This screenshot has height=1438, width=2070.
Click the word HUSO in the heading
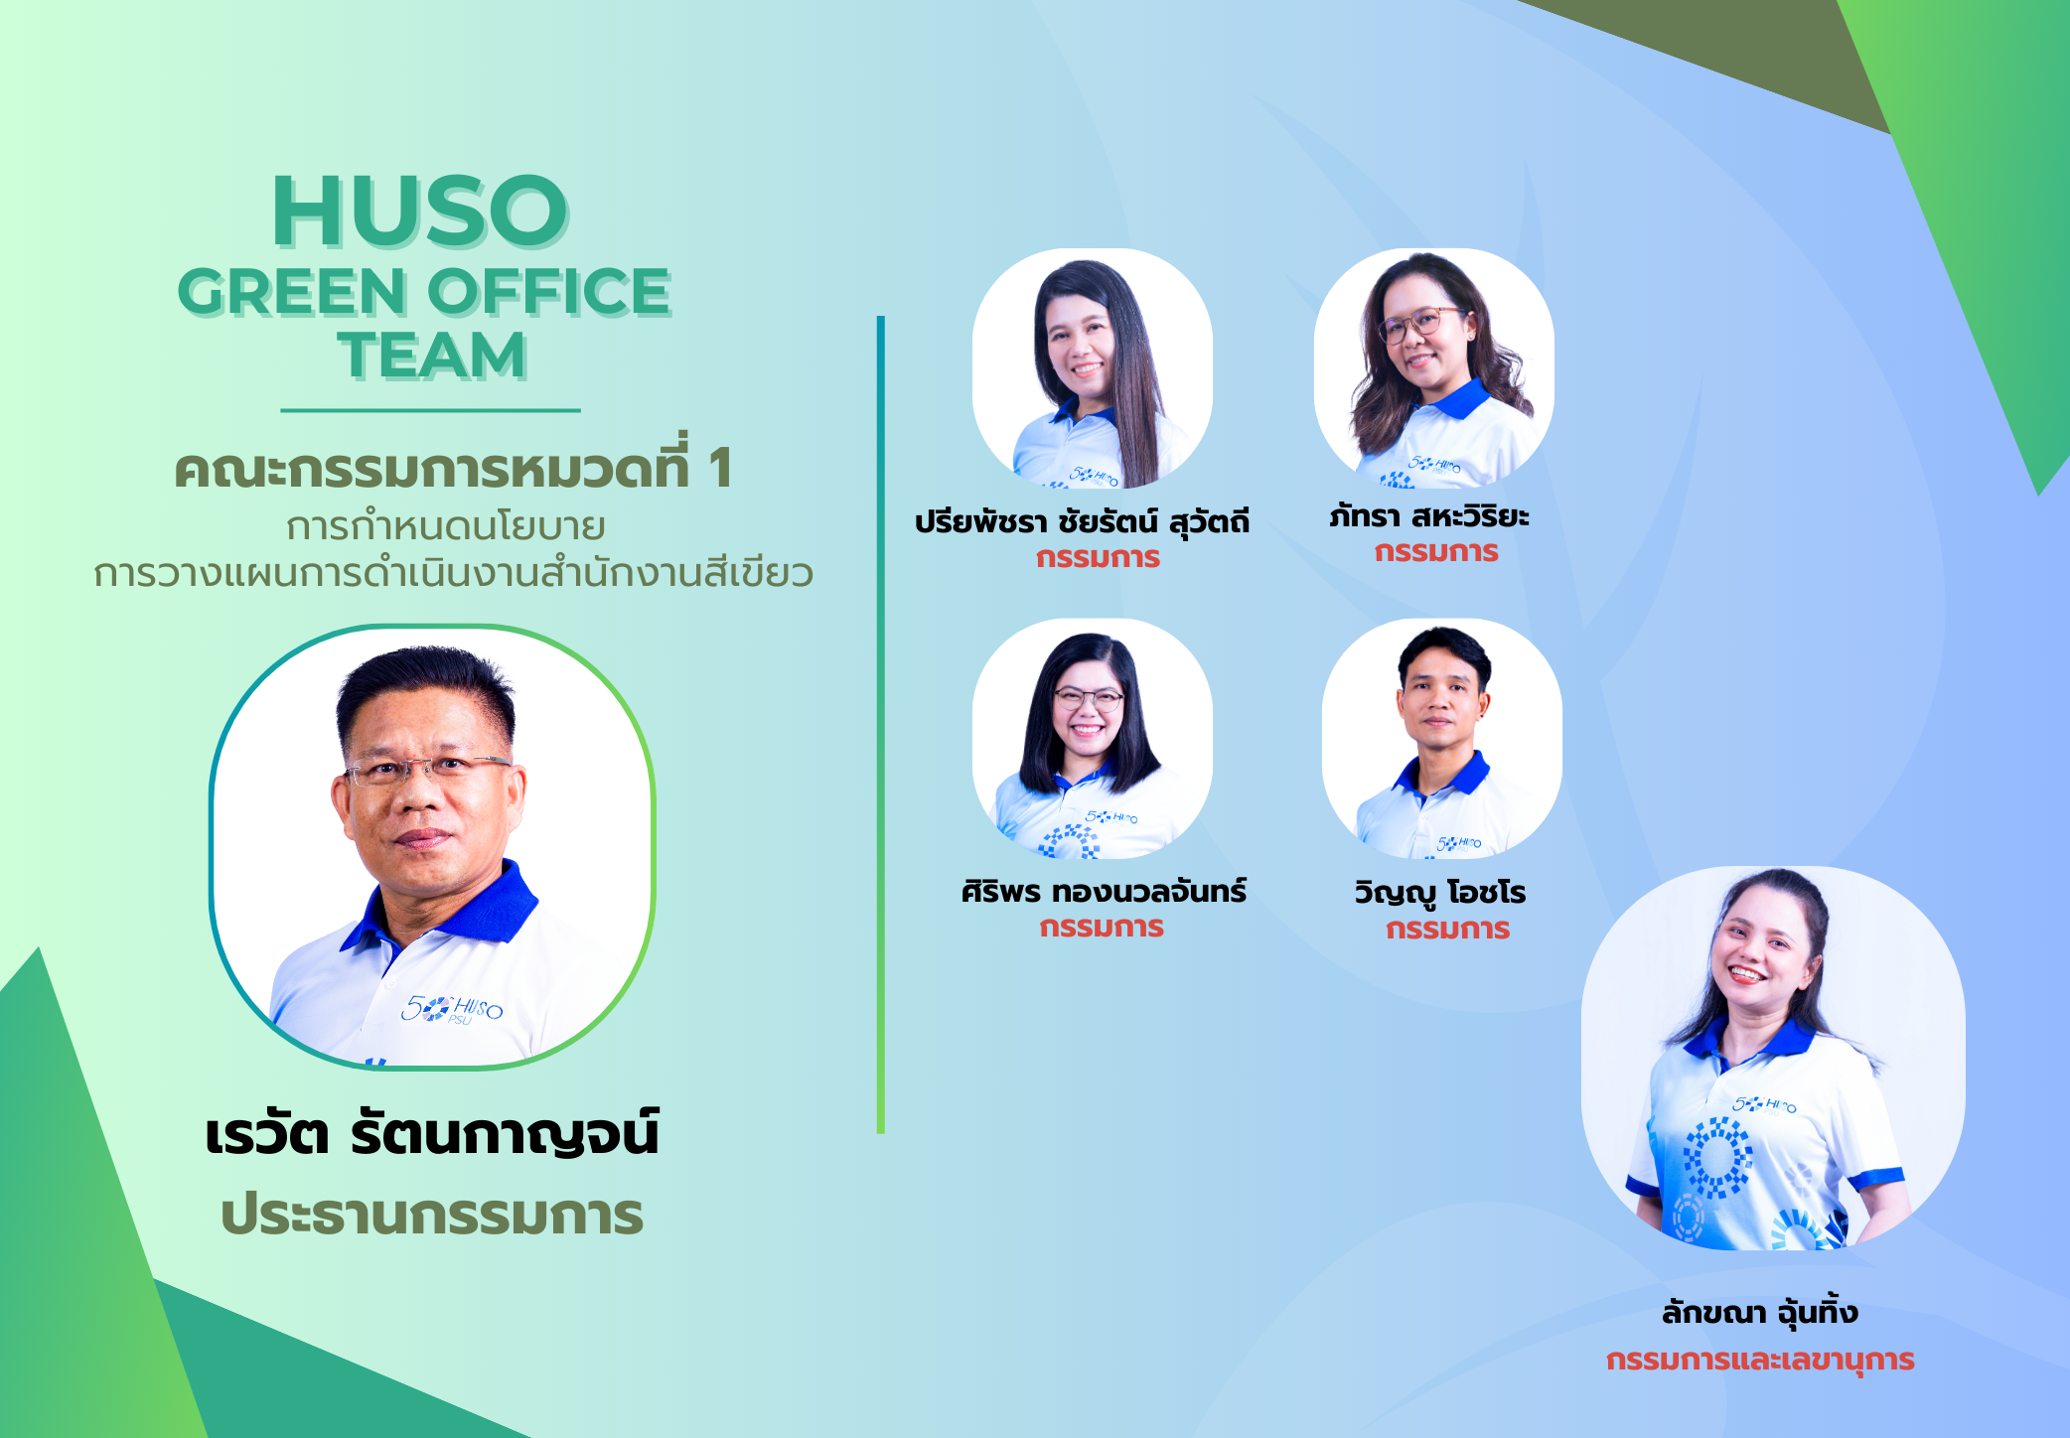[420, 211]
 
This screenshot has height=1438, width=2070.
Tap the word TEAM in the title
[432, 355]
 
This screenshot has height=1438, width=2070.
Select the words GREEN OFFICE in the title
[425, 292]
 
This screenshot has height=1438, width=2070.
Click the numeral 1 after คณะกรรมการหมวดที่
[720, 469]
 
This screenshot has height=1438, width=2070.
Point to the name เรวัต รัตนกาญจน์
[432, 1134]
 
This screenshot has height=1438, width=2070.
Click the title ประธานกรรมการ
[432, 1215]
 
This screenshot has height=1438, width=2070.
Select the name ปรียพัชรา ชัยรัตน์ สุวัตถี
[1083, 521]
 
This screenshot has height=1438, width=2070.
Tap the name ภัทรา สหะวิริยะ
[1429, 515]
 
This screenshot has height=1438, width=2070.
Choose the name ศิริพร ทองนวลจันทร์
[1104, 890]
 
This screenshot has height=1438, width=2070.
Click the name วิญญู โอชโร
[1440, 892]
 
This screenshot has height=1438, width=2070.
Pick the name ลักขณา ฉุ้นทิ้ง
[1759, 1312]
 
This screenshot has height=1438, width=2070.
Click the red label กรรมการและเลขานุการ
[1760, 1360]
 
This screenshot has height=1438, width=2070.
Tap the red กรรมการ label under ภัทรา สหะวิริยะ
[1436, 552]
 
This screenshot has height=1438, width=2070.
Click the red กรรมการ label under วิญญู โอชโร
[1448, 930]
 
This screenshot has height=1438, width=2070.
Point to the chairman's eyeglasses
[428, 770]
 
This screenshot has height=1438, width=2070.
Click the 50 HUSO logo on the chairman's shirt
[452, 1009]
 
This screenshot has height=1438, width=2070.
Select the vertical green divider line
[881, 725]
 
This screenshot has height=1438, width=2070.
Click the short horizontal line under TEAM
[430, 409]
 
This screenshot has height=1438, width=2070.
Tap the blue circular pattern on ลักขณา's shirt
[1717, 1158]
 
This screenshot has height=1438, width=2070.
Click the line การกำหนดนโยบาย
[446, 526]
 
